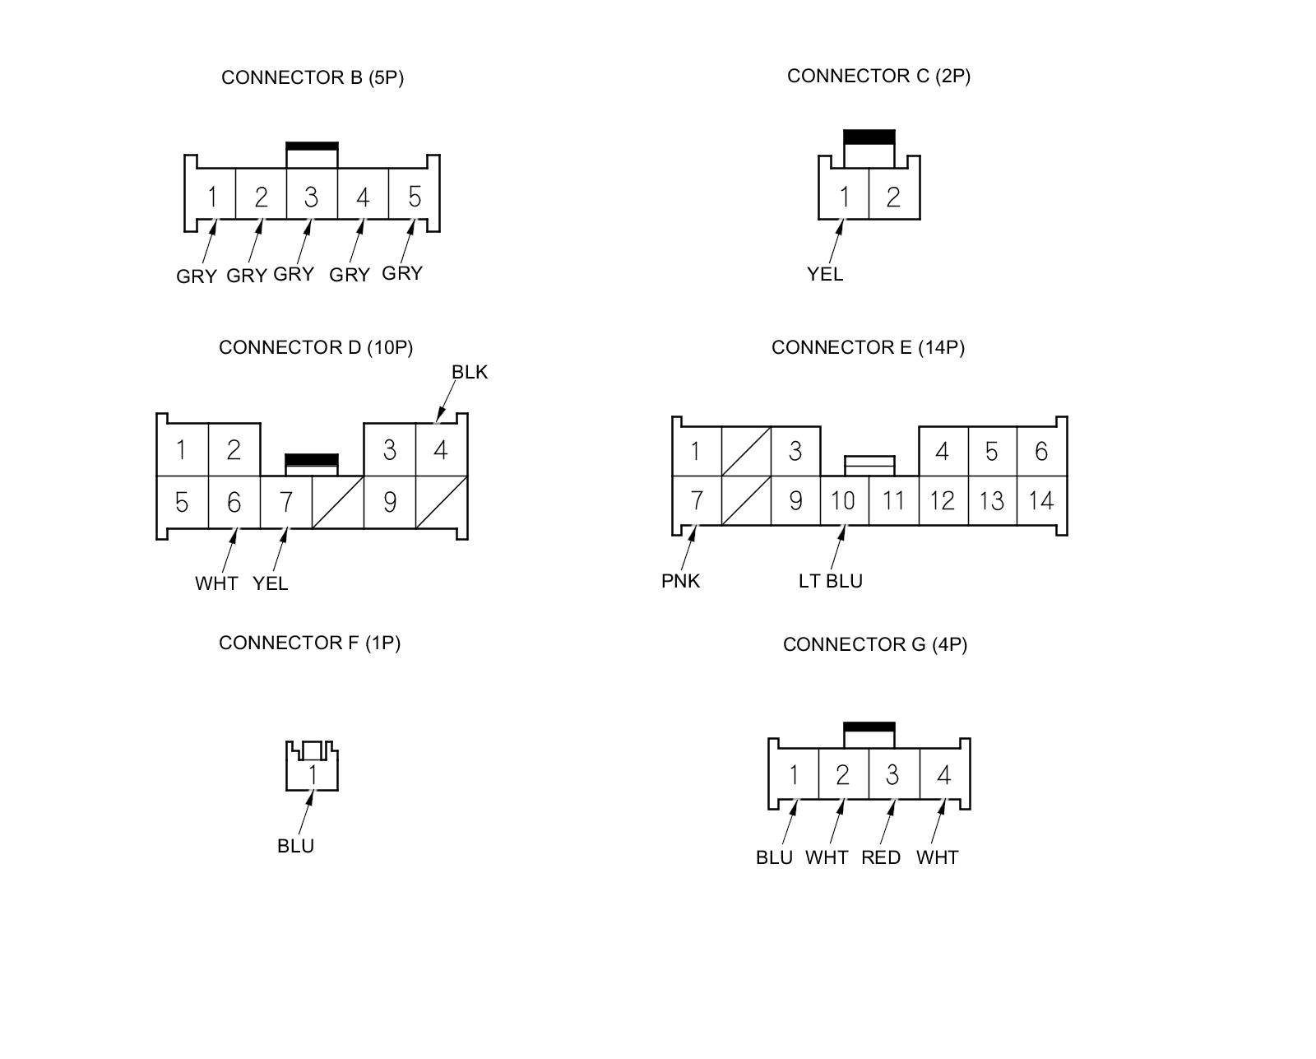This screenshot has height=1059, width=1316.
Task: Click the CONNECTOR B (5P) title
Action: point(313,77)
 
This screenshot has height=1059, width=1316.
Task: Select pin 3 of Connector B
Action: point(311,197)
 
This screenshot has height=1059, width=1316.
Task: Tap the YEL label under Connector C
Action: point(825,274)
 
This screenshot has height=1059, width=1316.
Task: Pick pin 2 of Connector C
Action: point(893,197)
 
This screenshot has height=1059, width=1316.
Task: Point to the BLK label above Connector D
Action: point(470,372)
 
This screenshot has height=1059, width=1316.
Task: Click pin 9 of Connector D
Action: point(389,501)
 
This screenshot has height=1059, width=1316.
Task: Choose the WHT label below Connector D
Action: point(216,583)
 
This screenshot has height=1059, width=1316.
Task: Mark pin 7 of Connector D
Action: point(285,501)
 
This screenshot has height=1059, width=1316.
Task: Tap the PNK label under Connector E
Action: point(681,581)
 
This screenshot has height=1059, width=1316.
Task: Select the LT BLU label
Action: point(831,581)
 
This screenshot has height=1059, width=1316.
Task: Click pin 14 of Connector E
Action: point(1041,500)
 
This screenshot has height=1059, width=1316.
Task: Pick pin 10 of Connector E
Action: point(843,500)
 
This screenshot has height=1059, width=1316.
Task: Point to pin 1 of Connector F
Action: point(313,774)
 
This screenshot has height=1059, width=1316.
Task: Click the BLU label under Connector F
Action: point(296,846)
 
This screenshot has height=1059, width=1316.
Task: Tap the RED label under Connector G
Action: point(881,857)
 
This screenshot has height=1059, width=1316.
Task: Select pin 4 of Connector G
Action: point(943,775)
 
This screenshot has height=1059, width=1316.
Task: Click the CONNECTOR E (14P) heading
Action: point(868,347)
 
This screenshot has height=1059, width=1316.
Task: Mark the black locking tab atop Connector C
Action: point(869,137)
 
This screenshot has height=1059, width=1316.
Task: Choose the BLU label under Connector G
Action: point(774,857)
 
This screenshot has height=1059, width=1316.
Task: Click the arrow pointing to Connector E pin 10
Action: point(837,546)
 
